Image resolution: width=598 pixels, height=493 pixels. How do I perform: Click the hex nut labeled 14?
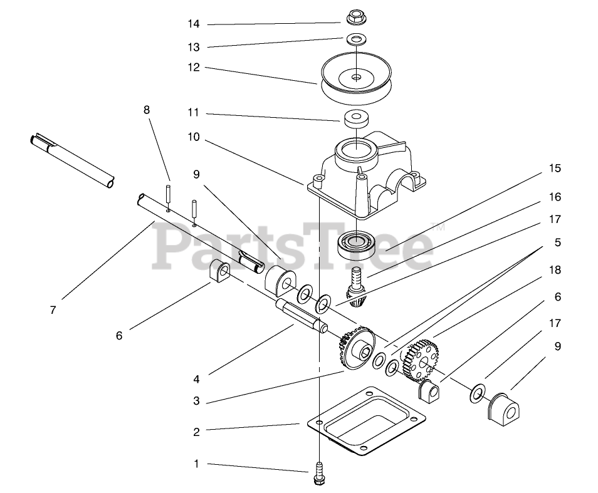(355, 17)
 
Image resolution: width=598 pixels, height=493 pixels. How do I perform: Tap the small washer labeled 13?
(356, 39)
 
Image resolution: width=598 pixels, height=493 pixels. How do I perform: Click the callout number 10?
(194, 137)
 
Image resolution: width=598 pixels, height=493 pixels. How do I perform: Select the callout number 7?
(53, 309)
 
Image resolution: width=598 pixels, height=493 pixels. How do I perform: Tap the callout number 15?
(555, 169)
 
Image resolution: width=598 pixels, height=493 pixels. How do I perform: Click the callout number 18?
(555, 270)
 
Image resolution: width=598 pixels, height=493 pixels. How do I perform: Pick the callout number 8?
(147, 110)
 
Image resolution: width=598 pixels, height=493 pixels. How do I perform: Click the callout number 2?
(196, 432)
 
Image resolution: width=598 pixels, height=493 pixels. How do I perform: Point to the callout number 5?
(557, 242)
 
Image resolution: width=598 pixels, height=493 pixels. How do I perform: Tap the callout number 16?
(555, 197)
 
